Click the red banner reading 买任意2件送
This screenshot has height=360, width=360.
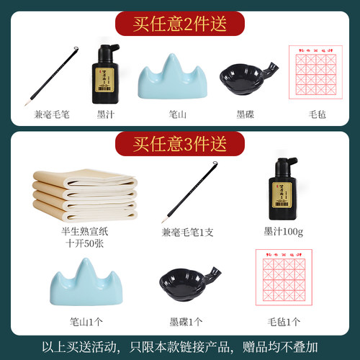tap(180, 23)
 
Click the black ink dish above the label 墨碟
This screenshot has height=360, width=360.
tap(244, 76)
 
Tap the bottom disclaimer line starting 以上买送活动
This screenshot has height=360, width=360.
tap(180, 346)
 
